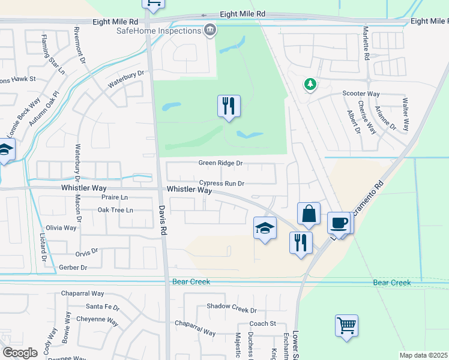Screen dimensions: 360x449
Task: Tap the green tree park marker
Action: click(x=310, y=85)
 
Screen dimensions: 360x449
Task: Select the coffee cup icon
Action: click(x=339, y=223)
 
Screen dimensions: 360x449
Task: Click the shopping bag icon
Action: click(x=309, y=214)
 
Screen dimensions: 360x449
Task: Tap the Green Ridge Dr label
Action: click(x=220, y=163)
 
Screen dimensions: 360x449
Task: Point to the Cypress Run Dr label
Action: click(x=222, y=184)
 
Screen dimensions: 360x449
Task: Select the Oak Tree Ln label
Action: click(x=115, y=210)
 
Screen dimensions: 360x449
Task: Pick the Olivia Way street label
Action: click(x=61, y=228)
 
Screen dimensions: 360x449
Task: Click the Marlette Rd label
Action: click(x=366, y=43)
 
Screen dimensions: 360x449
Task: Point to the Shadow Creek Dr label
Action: click(x=232, y=310)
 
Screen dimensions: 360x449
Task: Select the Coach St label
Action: click(x=262, y=323)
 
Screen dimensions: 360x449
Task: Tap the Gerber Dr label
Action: click(x=73, y=267)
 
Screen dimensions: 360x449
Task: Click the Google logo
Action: click(x=20, y=353)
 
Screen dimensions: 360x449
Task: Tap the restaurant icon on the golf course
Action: click(x=229, y=106)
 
